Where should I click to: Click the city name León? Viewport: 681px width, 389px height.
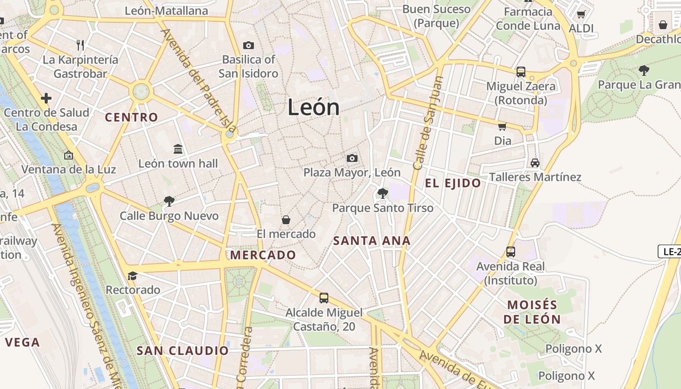[x=313, y=107]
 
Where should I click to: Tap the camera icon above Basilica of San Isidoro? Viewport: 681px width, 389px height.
[x=249, y=45]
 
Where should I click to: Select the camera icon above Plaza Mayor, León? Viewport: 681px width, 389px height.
[x=352, y=158]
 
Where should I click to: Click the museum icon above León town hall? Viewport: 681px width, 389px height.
[x=178, y=149]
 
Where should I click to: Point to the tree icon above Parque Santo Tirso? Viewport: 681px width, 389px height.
[x=383, y=194]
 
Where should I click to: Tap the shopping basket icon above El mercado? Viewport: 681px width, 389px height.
[x=286, y=220]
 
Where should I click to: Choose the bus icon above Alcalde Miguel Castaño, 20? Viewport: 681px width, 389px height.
[x=324, y=298]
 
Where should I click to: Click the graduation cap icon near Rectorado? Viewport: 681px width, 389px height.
[x=132, y=276]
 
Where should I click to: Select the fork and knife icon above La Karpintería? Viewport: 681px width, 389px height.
[x=81, y=45]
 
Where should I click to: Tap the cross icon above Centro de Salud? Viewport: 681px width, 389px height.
[x=46, y=99]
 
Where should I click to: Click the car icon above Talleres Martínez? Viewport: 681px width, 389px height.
[x=535, y=162]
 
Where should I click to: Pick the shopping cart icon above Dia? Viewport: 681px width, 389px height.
[x=502, y=126]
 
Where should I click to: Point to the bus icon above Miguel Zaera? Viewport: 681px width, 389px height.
[x=521, y=72]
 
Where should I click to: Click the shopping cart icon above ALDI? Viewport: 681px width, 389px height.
[x=581, y=14]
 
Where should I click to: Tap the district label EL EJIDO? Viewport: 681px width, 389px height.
[x=453, y=183]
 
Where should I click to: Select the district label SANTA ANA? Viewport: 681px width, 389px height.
[x=372, y=240]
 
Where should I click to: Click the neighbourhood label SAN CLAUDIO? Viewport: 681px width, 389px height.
[x=182, y=351]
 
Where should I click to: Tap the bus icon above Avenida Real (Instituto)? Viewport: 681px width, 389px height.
[x=511, y=252]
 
